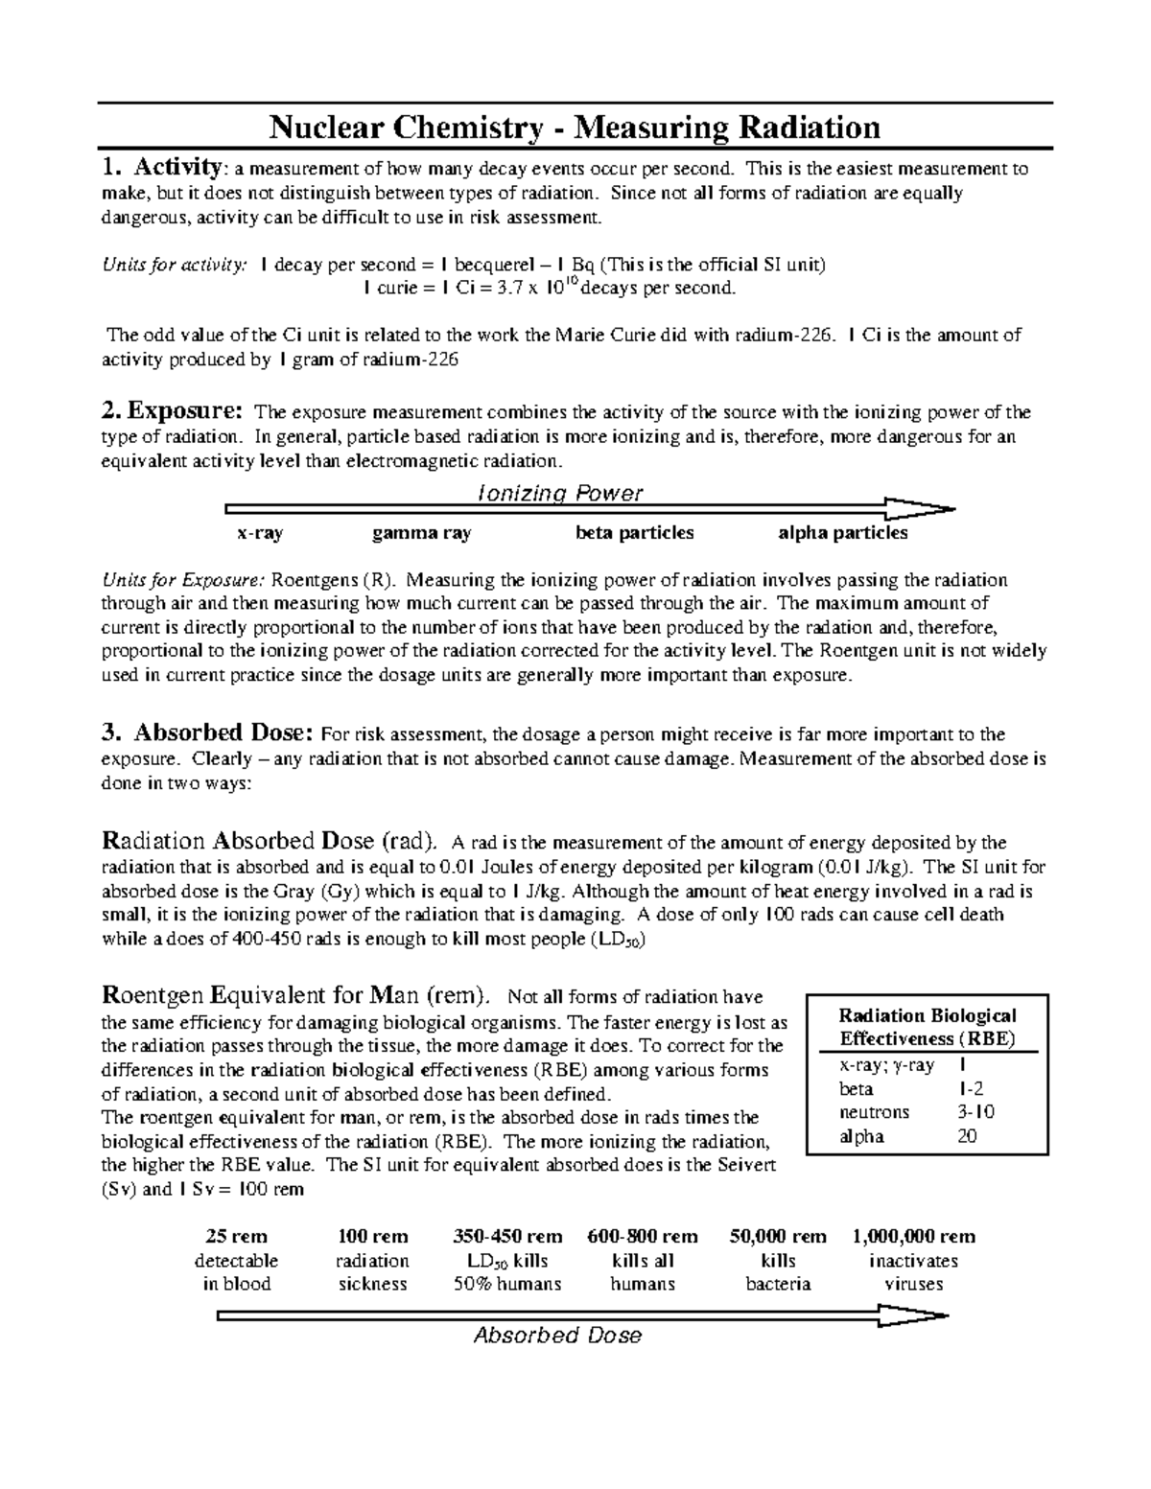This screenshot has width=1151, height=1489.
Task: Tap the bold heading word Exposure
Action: tap(185, 412)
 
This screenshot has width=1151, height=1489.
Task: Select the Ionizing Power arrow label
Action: tap(560, 493)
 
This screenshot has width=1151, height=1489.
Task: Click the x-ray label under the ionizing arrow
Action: tap(260, 533)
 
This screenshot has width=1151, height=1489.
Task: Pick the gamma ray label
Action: tap(422, 533)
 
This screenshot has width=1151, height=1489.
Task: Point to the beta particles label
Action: tap(634, 533)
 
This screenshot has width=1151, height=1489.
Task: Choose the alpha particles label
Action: tap(843, 533)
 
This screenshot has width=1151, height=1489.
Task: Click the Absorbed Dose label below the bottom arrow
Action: tap(558, 1336)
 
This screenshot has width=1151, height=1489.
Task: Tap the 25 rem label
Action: tap(236, 1237)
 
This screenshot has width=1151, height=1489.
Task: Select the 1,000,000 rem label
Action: tap(913, 1237)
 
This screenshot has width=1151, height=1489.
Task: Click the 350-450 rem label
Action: tap(507, 1237)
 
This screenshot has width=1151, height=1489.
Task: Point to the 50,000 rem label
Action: tap(777, 1237)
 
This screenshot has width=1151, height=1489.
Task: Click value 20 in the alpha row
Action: tap(967, 1137)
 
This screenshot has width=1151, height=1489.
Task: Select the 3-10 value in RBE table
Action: tap(975, 1113)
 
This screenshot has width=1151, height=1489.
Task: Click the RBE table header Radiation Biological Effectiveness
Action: tap(927, 1027)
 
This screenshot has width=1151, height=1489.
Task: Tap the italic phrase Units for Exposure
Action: tap(182, 580)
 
